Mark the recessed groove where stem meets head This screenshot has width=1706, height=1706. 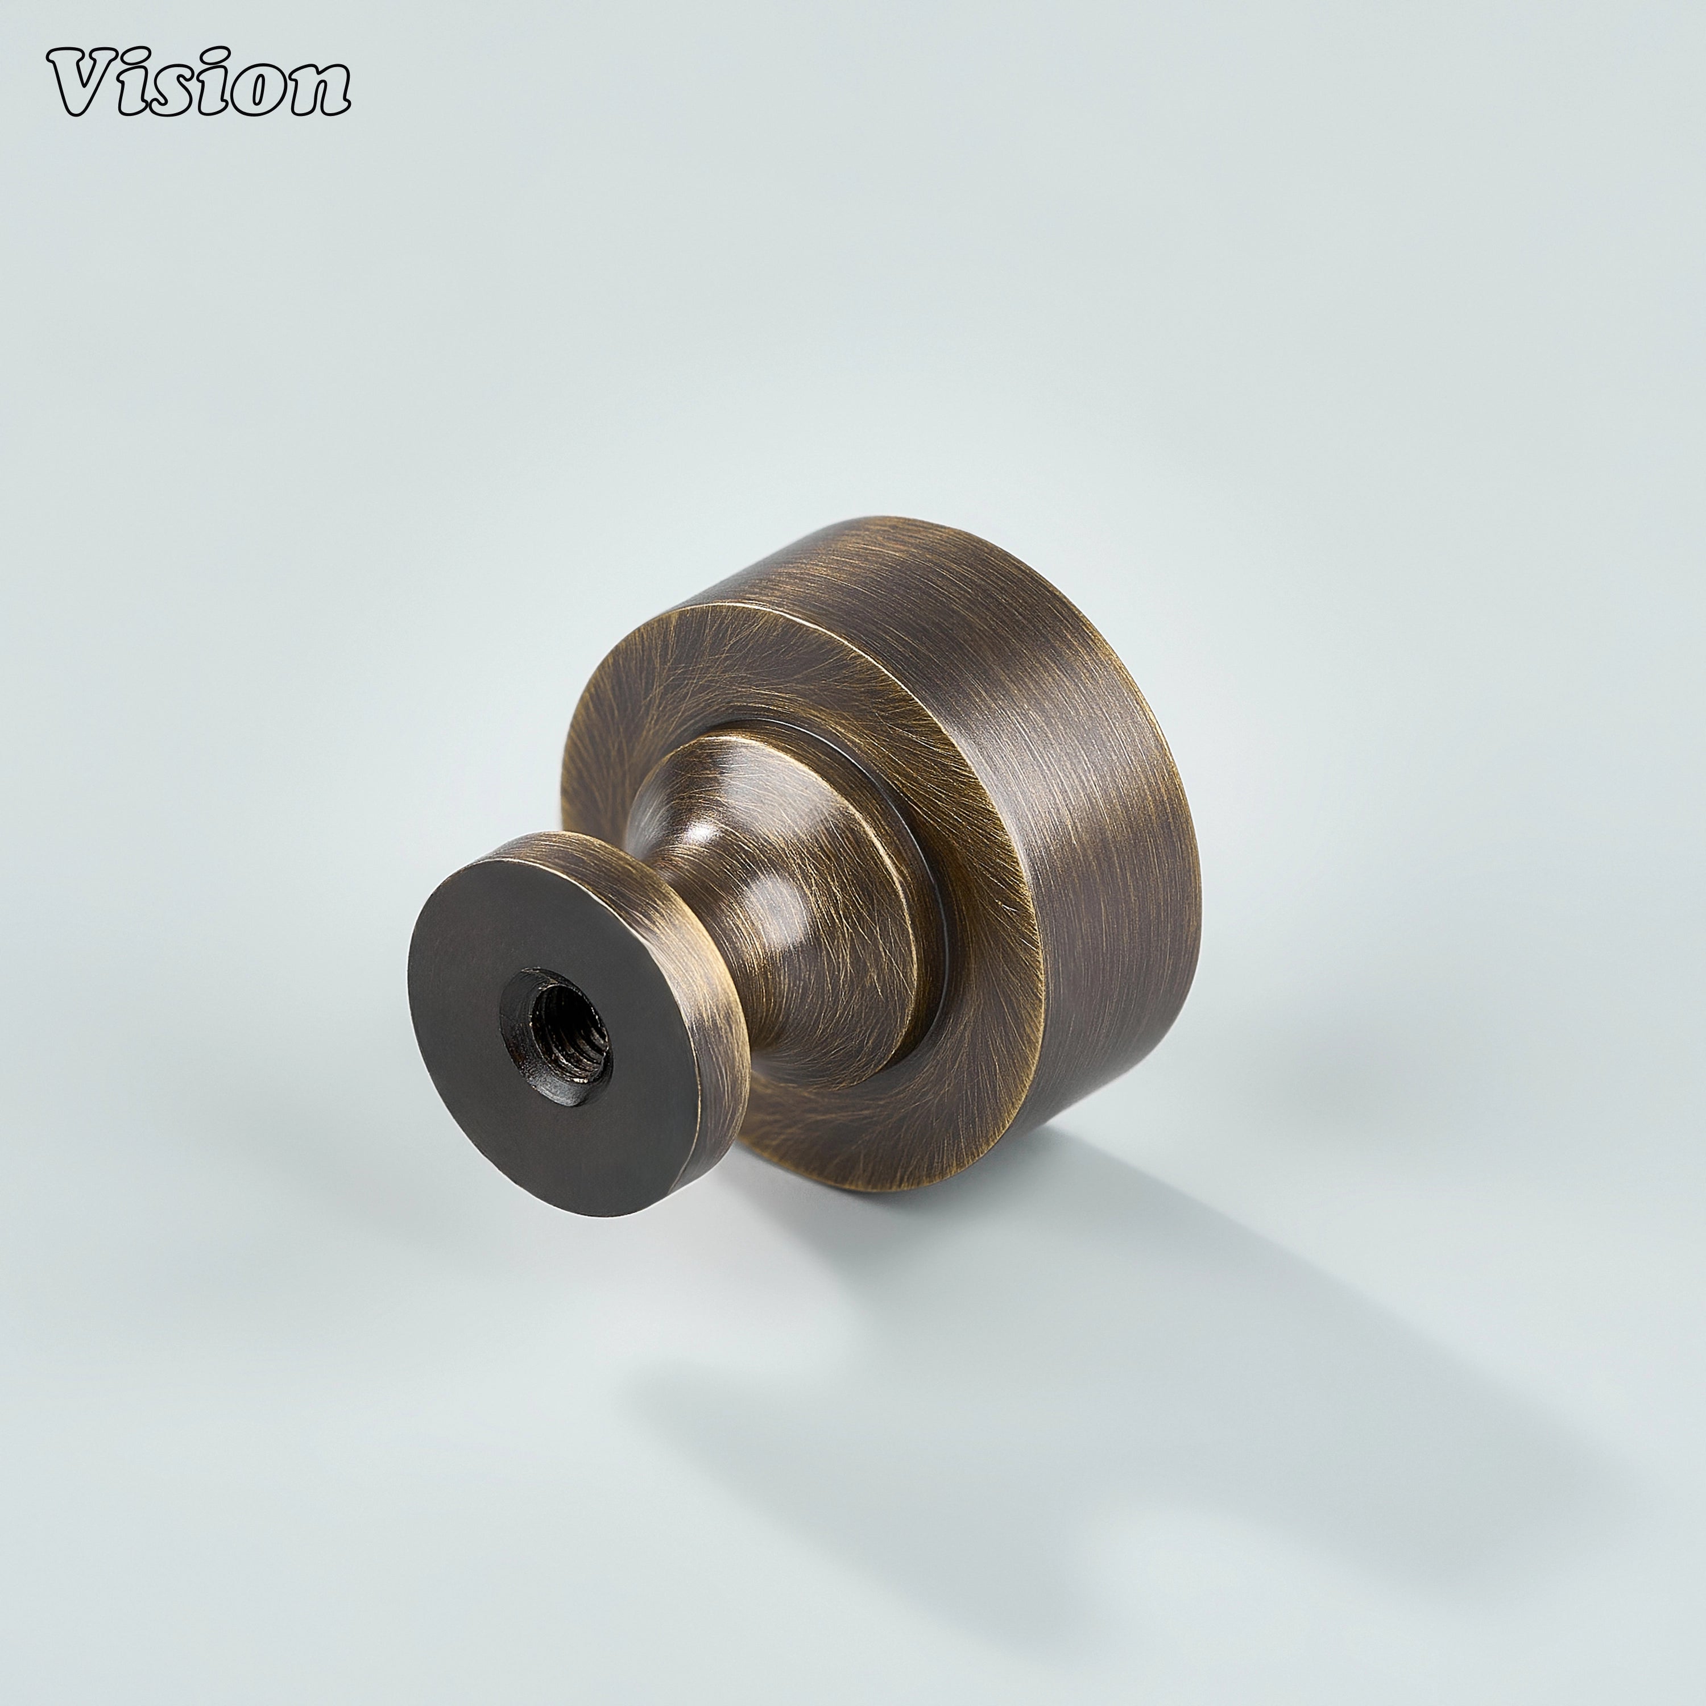[x=927, y=883]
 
